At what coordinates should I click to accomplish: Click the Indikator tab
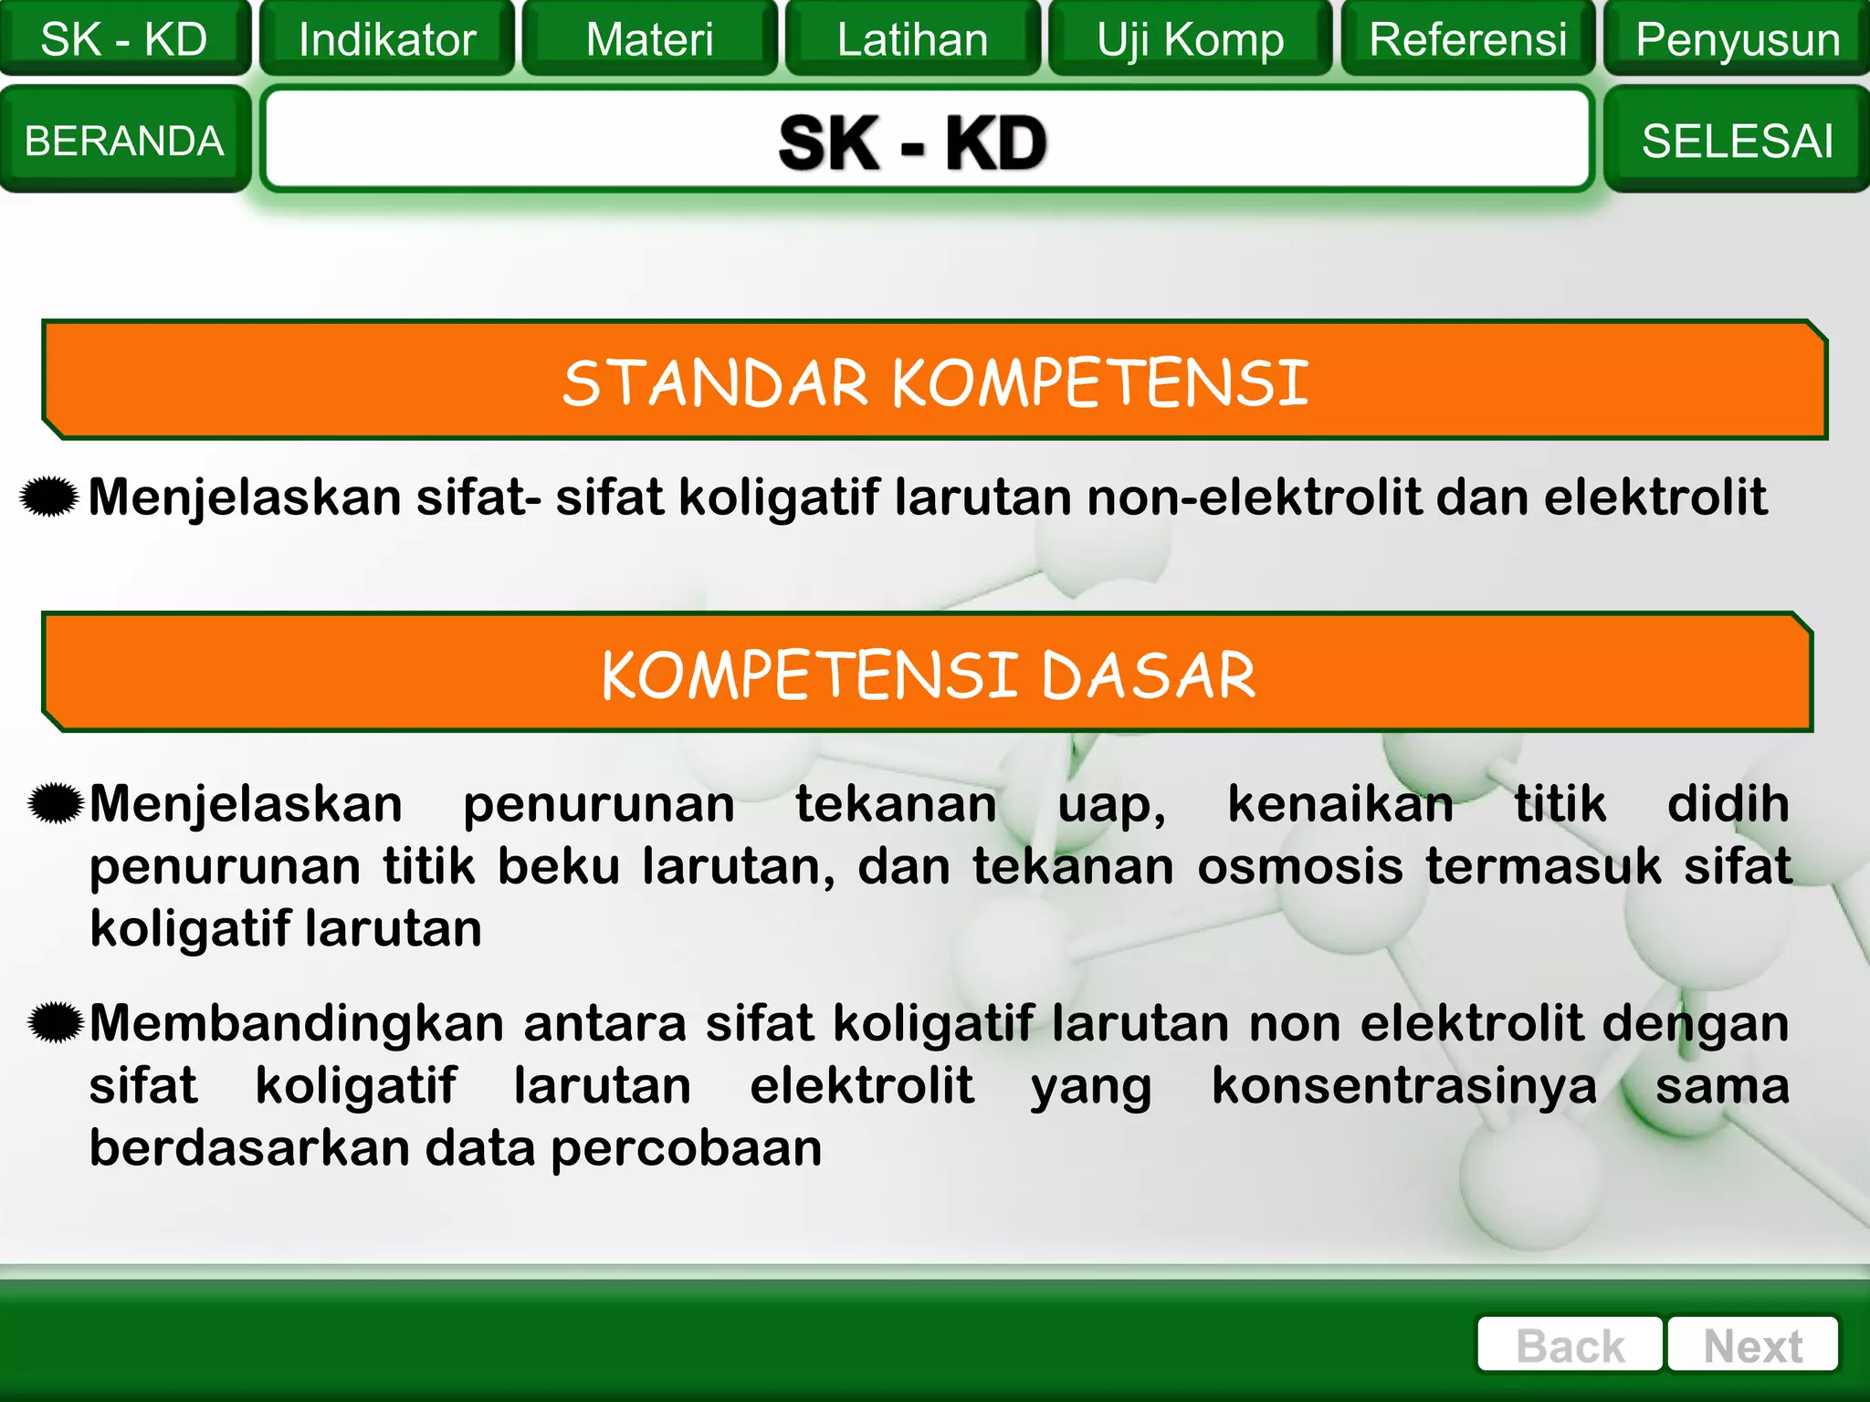(387, 39)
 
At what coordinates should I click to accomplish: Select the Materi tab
(649, 39)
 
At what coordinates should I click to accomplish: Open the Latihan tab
(912, 39)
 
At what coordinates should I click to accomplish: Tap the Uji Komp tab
(1190, 39)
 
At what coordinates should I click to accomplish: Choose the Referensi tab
(1467, 39)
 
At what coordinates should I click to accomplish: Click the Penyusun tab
(1737, 39)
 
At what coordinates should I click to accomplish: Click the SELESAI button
(1737, 141)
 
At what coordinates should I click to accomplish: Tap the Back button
(1570, 1345)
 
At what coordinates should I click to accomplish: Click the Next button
(1752, 1345)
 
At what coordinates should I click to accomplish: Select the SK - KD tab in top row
(124, 39)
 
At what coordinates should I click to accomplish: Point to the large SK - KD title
(913, 142)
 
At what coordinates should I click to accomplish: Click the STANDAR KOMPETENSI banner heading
(935, 382)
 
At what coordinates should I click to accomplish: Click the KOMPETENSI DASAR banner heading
(928, 675)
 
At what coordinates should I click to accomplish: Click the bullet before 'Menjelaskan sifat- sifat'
(49, 497)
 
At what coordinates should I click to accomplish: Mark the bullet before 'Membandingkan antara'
(57, 1021)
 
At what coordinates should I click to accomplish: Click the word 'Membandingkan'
(297, 1023)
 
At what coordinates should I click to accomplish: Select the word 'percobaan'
(687, 1148)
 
